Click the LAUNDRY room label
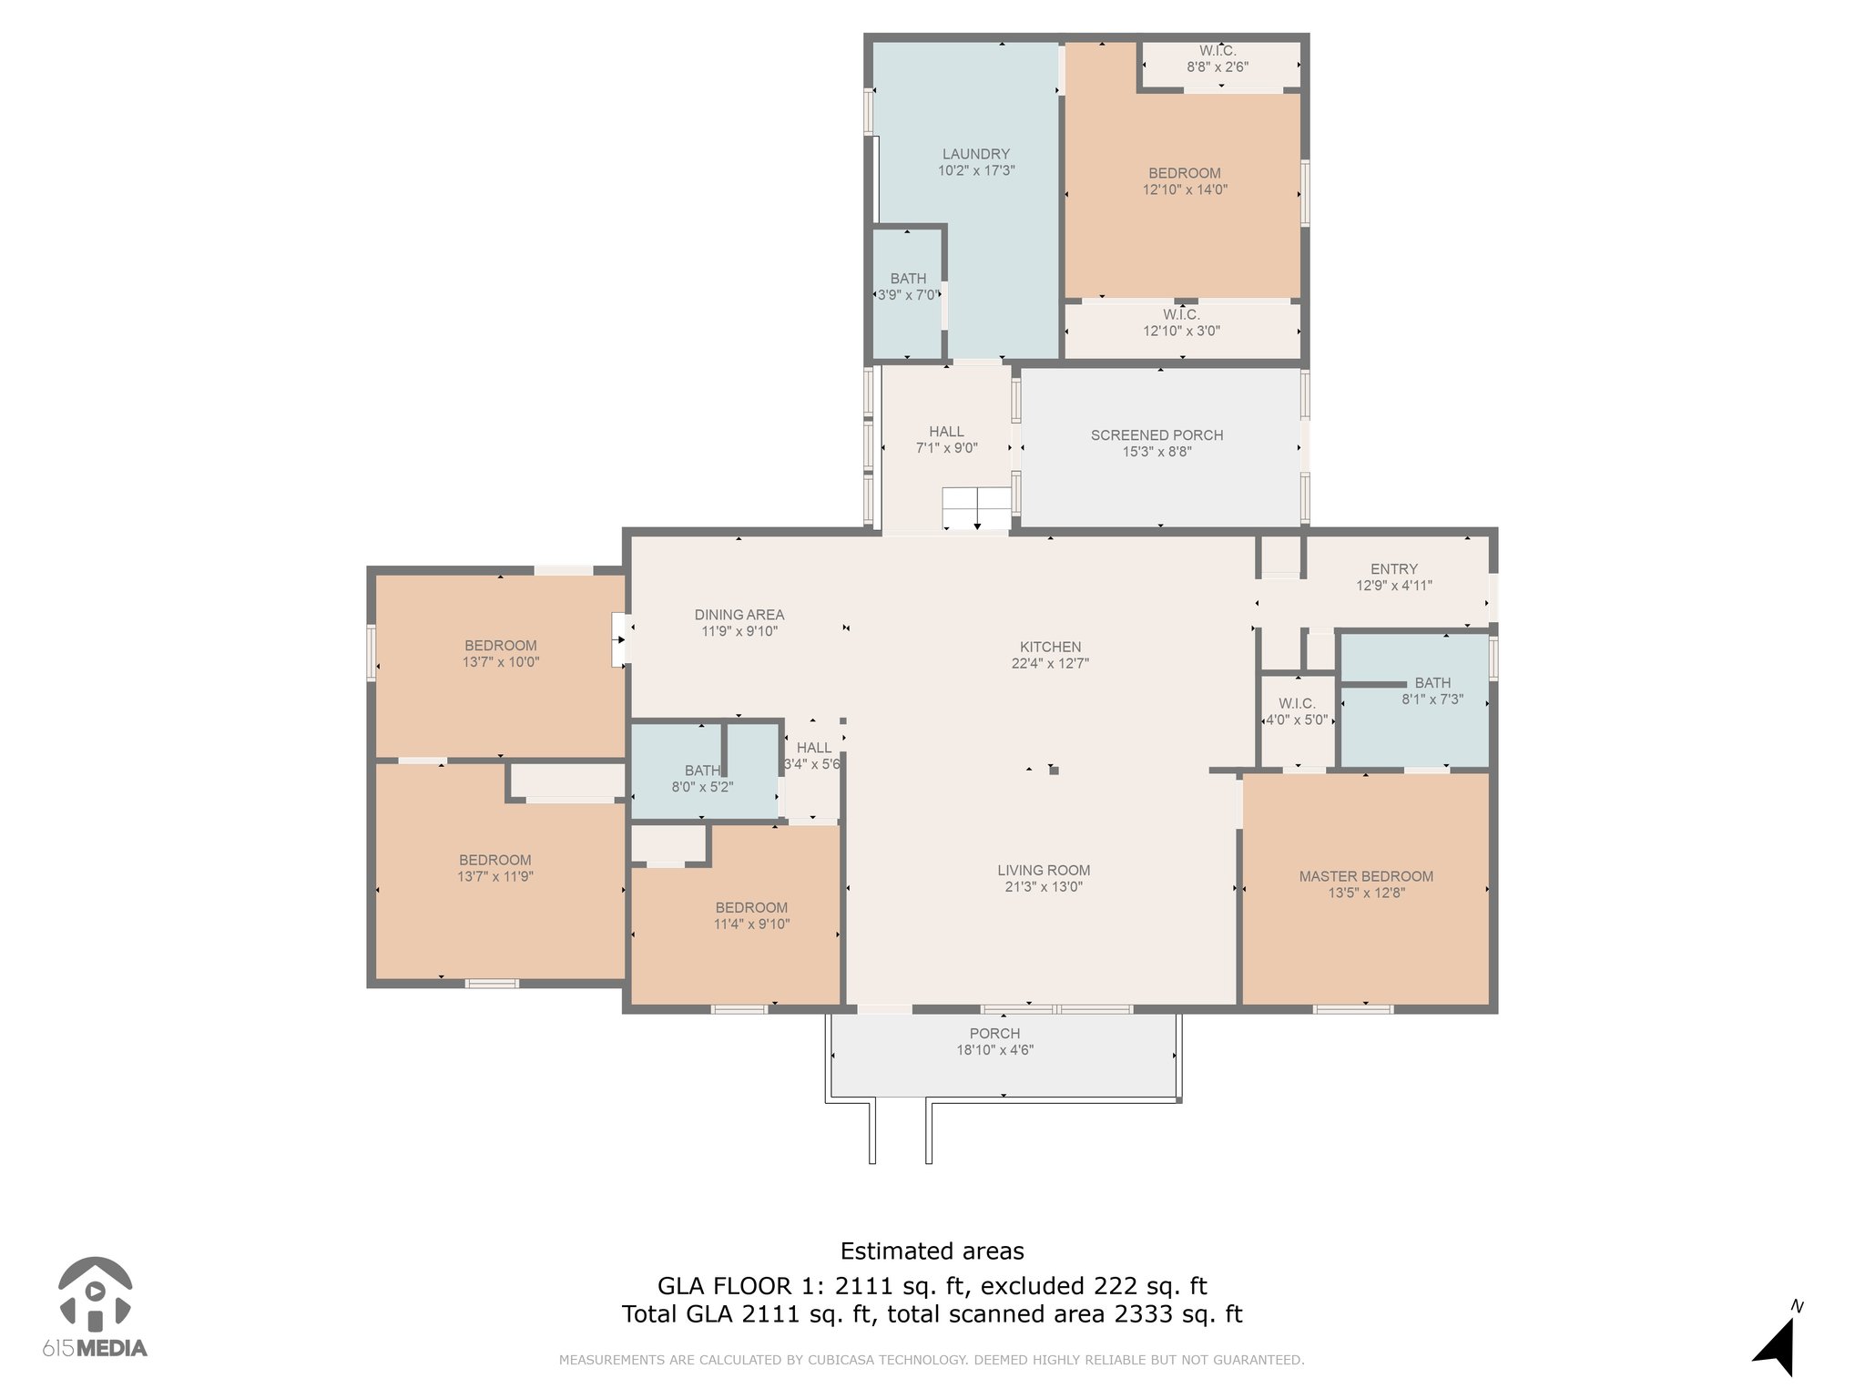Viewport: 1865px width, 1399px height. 975,154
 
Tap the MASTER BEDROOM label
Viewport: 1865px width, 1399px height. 1366,876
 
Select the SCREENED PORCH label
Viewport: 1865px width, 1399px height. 1157,435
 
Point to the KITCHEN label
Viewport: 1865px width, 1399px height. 1050,647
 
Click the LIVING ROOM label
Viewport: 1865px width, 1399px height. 1044,870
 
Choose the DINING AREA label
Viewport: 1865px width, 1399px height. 739,615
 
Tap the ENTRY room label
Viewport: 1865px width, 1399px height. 1394,569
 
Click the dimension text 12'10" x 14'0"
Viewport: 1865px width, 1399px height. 1185,189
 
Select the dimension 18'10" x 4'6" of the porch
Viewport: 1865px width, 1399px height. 994,1049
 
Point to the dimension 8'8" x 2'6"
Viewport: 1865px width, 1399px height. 1218,66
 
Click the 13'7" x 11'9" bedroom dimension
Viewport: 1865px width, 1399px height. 494,876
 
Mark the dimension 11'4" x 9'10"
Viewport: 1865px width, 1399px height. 751,924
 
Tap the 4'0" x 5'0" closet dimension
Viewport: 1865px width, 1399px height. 1297,720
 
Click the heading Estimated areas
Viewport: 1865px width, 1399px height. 932,1251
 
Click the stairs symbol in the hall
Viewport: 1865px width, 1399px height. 976,508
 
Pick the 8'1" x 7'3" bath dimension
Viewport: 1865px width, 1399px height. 1432,699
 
